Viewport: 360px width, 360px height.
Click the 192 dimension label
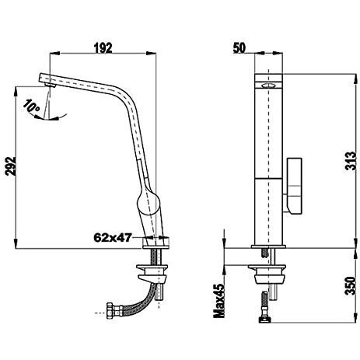tap(103, 48)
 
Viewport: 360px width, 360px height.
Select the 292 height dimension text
tap(11, 166)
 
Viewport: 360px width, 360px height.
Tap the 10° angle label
tap(31, 107)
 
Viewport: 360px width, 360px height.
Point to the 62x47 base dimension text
tap(113, 237)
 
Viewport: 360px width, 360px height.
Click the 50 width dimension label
tap(239, 48)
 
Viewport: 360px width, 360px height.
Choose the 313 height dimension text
tap(351, 161)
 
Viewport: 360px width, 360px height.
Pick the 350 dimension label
tap(351, 285)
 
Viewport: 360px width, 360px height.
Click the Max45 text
tap(219, 301)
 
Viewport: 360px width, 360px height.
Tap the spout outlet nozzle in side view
tap(50, 85)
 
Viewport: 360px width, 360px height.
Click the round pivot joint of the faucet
tap(148, 202)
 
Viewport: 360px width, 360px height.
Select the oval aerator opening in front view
tap(268, 86)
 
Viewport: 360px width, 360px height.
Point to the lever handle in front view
tap(294, 186)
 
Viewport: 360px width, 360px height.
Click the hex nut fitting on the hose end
tap(114, 309)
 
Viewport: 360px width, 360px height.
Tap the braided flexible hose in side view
tap(137, 301)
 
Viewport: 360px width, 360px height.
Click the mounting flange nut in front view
tap(267, 274)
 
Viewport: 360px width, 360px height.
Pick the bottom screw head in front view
tap(264, 320)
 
